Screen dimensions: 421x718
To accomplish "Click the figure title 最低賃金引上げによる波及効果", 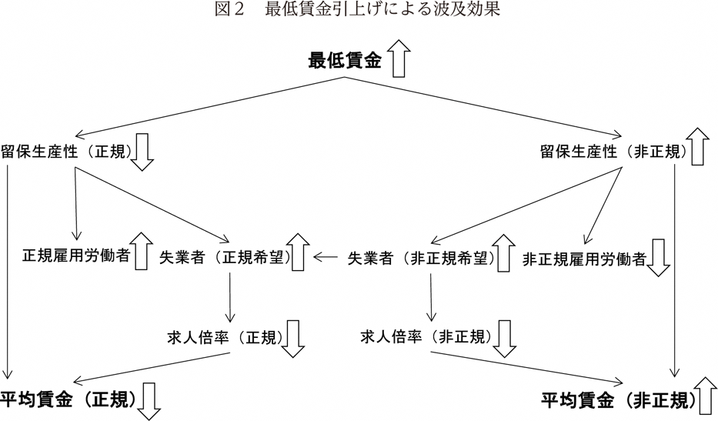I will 359,11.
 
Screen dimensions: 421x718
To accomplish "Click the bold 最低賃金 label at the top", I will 345,61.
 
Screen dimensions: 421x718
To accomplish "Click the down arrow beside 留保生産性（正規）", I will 142,152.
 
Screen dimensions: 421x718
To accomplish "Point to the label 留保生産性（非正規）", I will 613,151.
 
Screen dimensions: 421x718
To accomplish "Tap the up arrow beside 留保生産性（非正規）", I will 699,146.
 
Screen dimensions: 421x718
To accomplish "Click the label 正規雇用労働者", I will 75,255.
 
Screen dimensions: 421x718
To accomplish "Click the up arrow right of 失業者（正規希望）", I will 299,251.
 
